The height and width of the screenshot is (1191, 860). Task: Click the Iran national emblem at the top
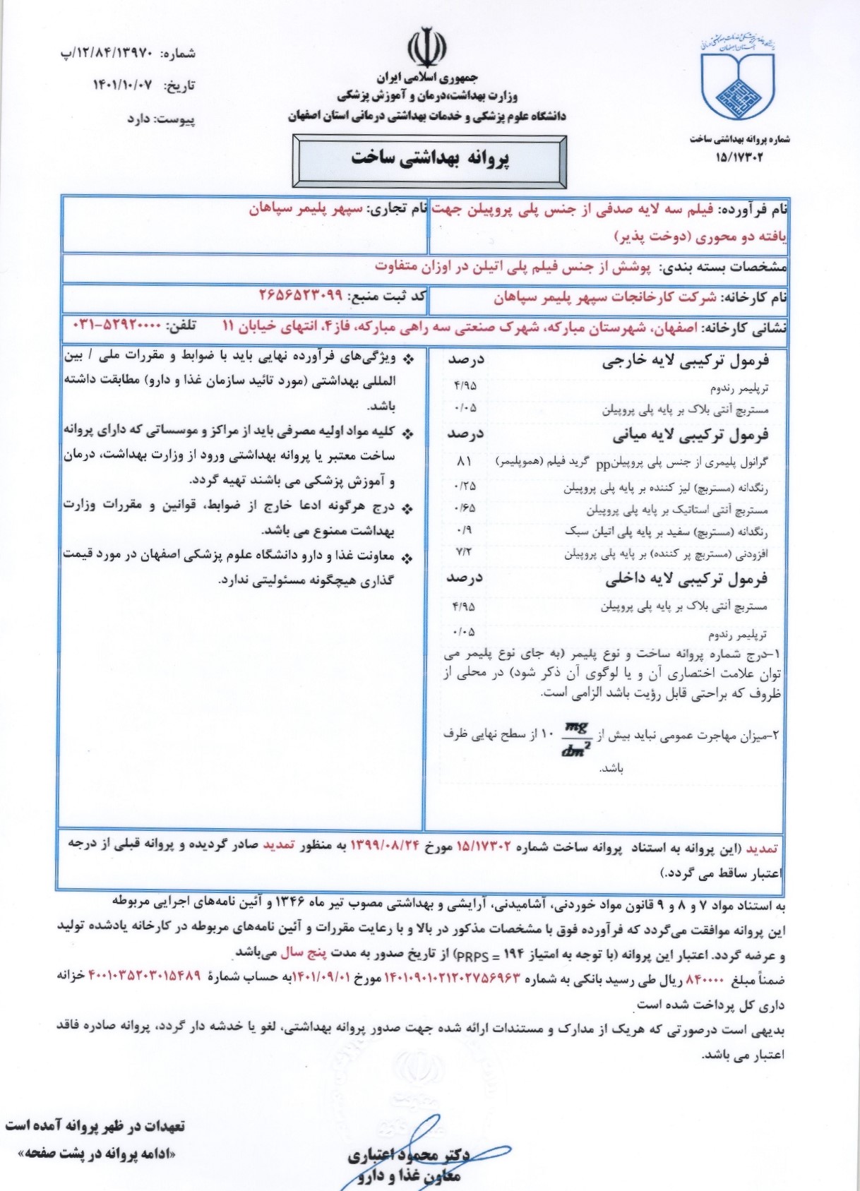pos(426,48)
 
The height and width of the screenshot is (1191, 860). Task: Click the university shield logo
pos(737,78)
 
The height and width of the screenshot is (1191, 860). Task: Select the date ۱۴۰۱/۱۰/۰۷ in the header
pos(123,85)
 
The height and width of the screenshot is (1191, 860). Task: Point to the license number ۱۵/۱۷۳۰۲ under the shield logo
pos(739,157)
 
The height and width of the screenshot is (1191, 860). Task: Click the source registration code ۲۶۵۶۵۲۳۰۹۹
pos(301,296)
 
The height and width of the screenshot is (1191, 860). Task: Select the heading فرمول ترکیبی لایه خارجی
pos(685,361)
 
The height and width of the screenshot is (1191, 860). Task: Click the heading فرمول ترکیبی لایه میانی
pos(691,436)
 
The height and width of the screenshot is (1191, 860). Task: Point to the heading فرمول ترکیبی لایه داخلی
pos(686,580)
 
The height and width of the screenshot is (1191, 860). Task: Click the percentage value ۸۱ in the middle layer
pos(464,462)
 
